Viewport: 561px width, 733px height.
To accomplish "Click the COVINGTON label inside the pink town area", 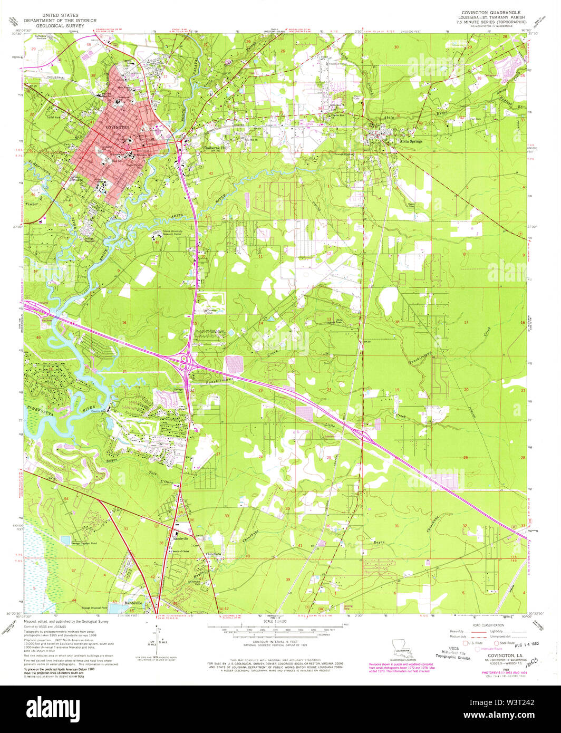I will click(117, 128).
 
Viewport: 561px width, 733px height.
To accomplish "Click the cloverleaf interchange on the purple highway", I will click(185, 361).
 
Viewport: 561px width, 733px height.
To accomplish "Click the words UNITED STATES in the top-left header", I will click(50, 15).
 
